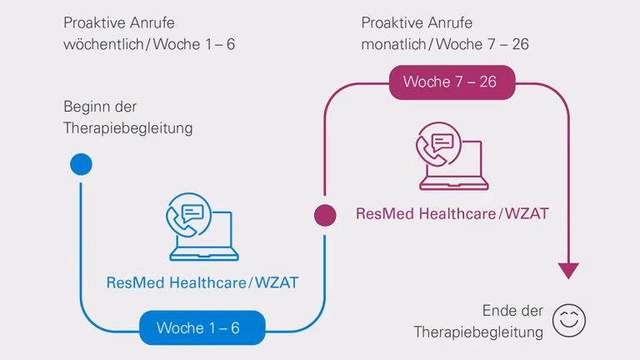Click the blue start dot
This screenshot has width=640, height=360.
tap(81, 164)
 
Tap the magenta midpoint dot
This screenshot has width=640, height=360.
tap(325, 214)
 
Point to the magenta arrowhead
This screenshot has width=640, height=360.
tap(568, 271)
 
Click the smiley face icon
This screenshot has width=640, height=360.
tap(571, 320)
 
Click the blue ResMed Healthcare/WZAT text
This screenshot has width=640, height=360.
tap(202, 282)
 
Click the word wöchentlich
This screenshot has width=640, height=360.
tap(103, 44)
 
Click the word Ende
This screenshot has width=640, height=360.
tap(500, 311)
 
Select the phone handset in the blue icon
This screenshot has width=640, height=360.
tap(177, 218)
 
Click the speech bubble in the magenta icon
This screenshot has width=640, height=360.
tap(442, 141)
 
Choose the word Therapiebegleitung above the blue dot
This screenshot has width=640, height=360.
tap(128, 128)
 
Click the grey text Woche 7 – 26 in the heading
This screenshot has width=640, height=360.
tap(490, 44)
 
